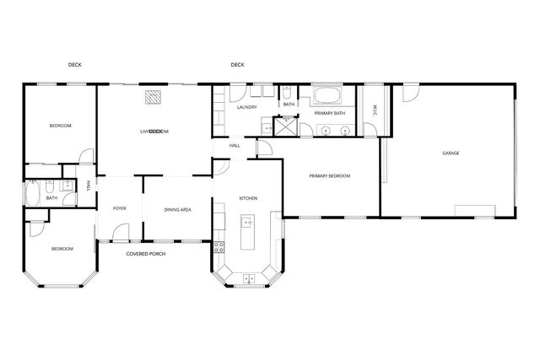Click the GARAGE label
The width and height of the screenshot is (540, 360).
[451, 153]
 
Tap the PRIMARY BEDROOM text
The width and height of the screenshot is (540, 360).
[329, 175]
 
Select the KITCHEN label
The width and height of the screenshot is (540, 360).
[248, 198]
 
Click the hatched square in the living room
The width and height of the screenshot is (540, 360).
[153, 98]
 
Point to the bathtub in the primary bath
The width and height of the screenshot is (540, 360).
[328, 95]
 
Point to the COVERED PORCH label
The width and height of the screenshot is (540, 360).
[144, 254]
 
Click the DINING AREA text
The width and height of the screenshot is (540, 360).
[177, 209]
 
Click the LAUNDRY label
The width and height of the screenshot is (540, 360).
[246, 107]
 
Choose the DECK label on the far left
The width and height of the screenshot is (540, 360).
[74, 65]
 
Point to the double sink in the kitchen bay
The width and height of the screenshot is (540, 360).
[247, 277]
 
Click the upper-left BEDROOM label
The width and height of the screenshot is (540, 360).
[60, 126]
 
